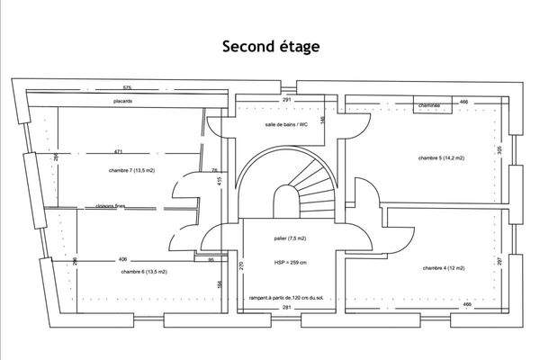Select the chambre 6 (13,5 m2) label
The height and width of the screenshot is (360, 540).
(x=144, y=271)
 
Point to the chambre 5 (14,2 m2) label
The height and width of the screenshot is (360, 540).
(x=441, y=157)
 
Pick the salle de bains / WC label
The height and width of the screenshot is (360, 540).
(x=286, y=124)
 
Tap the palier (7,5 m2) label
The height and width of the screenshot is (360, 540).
(x=291, y=238)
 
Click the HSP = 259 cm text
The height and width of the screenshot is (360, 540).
(x=292, y=262)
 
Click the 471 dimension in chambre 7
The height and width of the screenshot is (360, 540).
(x=118, y=151)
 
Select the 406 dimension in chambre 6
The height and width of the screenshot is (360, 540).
(x=122, y=260)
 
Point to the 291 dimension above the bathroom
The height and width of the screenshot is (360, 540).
(x=286, y=99)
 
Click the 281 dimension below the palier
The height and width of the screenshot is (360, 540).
(x=287, y=308)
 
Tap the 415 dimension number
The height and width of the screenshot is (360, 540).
(x=220, y=181)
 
